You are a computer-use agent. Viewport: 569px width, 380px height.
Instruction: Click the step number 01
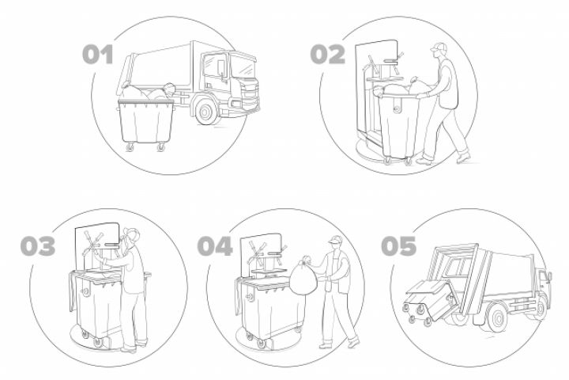pyautogui.click(x=98, y=55)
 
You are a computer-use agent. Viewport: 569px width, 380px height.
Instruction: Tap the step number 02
pyautogui.click(x=328, y=55)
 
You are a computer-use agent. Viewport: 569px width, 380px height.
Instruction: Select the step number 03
pyautogui.click(x=38, y=246)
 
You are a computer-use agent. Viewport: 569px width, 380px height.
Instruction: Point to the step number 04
pyautogui.click(x=215, y=246)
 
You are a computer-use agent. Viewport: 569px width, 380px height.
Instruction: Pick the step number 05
pyautogui.click(x=398, y=246)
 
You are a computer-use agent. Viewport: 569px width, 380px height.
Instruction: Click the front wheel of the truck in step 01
pyautogui.click(x=206, y=112)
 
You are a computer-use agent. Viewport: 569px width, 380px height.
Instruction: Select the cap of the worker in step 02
pyautogui.click(x=439, y=47)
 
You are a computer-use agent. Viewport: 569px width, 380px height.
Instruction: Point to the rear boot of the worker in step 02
pyautogui.click(x=463, y=157)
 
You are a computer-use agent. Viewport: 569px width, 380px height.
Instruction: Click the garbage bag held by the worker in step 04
pyautogui.click(x=303, y=277)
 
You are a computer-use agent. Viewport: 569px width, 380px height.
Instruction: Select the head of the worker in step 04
pyautogui.click(x=335, y=244)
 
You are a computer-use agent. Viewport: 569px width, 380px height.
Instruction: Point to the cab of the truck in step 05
pyautogui.click(x=544, y=288)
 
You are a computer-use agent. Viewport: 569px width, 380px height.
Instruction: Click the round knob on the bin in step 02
pyautogui.click(x=397, y=108)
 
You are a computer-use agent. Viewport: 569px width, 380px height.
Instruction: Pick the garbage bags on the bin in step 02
pyautogui.click(x=403, y=87)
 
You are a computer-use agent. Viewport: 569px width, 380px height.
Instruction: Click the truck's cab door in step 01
pyautogui.click(x=217, y=72)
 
